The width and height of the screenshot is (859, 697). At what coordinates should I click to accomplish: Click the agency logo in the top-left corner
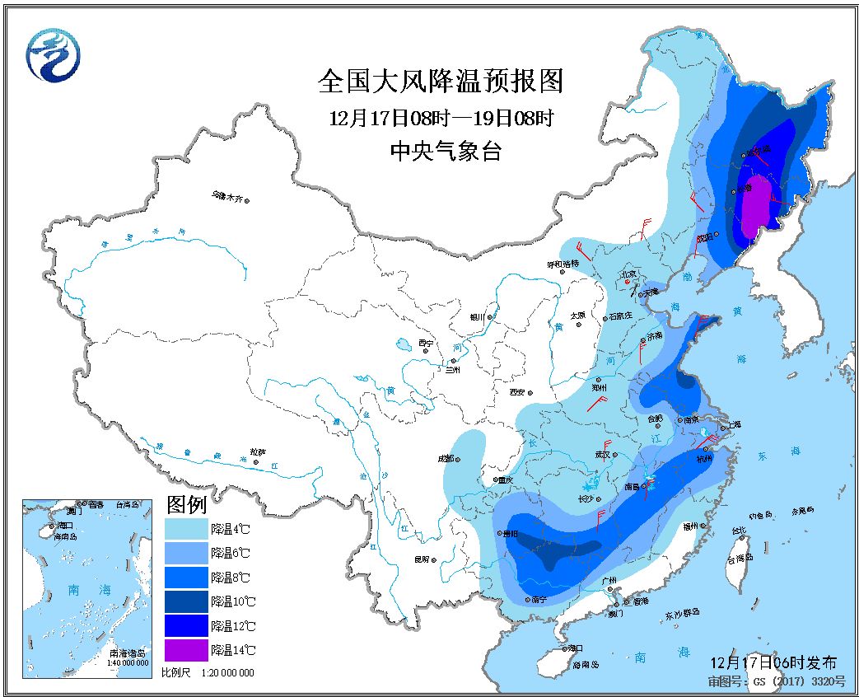54,55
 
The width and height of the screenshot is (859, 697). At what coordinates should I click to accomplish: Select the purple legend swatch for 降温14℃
186,650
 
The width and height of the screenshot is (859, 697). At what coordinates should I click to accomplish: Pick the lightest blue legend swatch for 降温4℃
186,527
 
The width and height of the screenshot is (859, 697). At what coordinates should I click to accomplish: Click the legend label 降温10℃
232,601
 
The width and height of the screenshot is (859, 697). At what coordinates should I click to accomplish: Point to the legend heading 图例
186,503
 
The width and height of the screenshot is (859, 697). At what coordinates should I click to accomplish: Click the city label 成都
445,458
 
